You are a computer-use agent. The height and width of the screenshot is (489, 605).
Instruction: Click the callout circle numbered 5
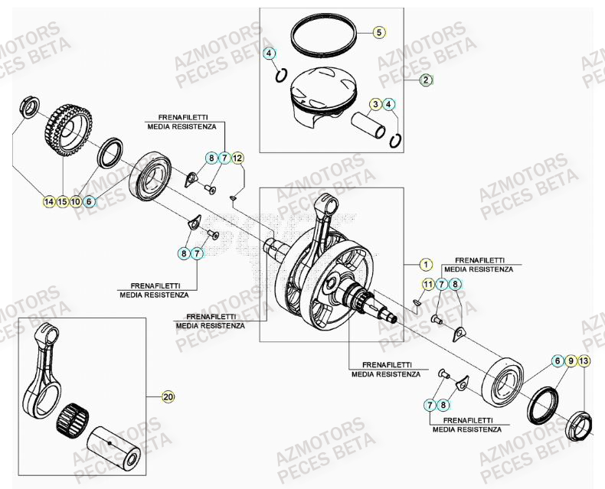click(x=379, y=32)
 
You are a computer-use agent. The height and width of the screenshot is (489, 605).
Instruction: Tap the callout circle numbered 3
click(x=375, y=104)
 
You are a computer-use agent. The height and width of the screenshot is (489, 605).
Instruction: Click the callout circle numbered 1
click(x=426, y=265)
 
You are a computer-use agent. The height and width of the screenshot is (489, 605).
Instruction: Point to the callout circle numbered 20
click(x=168, y=396)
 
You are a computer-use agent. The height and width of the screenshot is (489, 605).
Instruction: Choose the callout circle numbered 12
click(x=237, y=158)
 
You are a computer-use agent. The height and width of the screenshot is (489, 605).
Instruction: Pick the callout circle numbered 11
click(x=429, y=285)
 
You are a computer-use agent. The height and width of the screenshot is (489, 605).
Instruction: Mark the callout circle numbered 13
click(x=584, y=360)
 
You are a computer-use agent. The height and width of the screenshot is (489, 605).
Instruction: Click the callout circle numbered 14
click(x=49, y=202)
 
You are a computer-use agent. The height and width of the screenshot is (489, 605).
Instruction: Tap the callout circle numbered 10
click(x=76, y=202)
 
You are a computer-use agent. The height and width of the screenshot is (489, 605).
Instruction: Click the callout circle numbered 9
click(x=571, y=360)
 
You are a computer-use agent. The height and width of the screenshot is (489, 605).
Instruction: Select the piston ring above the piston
click(x=324, y=34)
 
